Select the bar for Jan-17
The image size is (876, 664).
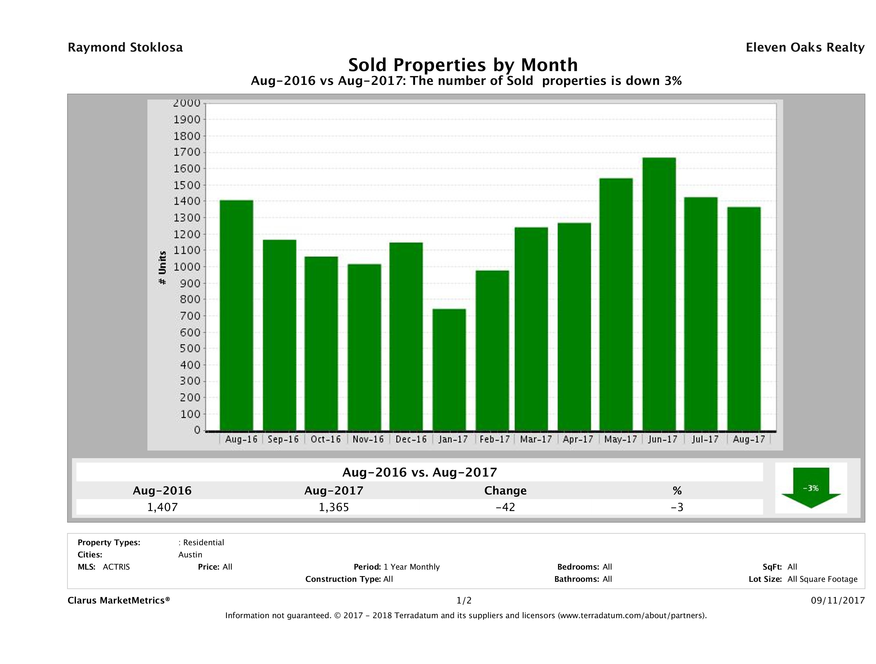click(x=449, y=370)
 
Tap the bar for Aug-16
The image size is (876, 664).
click(x=236, y=315)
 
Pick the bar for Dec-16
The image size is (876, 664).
click(x=406, y=336)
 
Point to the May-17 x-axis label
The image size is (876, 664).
click(x=620, y=439)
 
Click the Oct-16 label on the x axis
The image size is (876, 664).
click(x=325, y=439)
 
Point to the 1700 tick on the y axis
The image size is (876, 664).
click(x=187, y=152)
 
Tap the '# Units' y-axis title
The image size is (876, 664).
click(x=162, y=268)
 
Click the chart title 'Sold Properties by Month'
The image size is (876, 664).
click(x=463, y=65)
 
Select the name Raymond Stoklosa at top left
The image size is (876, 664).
click(x=125, y=47)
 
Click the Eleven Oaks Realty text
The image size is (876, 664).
click(x=805, y=47)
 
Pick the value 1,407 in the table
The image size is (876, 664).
click(x=162, y=507)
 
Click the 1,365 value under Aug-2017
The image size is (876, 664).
click(x=334, y=507)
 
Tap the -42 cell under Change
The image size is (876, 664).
click(x=505, y=507)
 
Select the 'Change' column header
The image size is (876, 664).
click(x=505, y=491)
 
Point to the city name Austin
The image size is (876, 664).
click(x=190, y=555)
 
